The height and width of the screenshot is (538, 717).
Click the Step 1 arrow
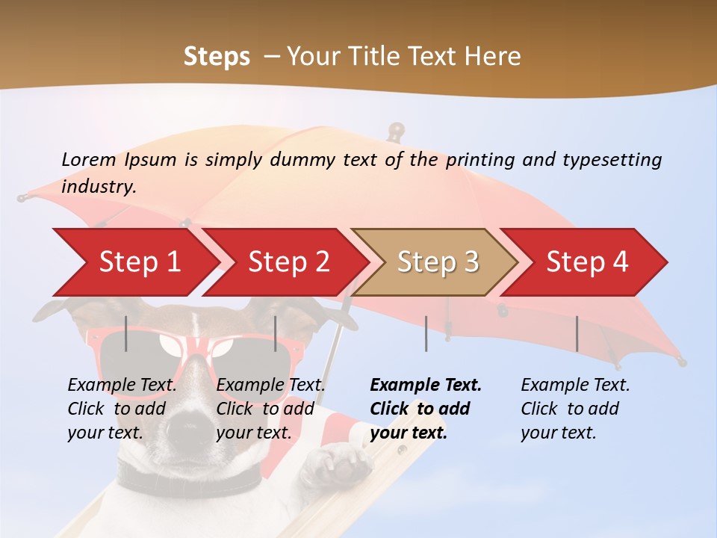pyautogui.click(x=138, y=262)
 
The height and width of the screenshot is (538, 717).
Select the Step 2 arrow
pyautogui.click(x=288, y=262)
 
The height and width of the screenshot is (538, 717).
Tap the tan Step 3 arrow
pyautogui.click(x=437, y=262)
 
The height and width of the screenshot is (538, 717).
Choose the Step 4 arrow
pyautogui.click(x=586, y=262)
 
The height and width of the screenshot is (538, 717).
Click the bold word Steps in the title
pyautogui.click(x=217, y=56)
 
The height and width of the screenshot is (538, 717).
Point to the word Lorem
pyautogui.click(x=89, y=159)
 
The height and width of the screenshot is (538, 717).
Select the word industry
pyautogui.click(x=98, y=187)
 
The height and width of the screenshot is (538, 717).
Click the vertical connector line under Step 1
pyautogui.click(x=126, y=333)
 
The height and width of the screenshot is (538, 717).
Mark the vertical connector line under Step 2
pyautogui.click(x=276, y=333)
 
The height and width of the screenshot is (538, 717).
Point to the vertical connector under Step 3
pyautogui.click(x=426, y=333)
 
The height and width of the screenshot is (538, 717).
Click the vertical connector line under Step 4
pyautogui.click(x=577, y=333)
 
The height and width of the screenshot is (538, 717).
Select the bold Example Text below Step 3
pyautogui.click(x=426, y=386)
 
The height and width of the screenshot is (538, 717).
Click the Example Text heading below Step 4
pyautogui.click(x=575, y=386)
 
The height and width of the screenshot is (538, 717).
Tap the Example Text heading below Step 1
pyautogui.click(x=122, y=386)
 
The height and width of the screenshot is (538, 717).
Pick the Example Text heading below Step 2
pyautogui.click(x=270, y=386)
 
